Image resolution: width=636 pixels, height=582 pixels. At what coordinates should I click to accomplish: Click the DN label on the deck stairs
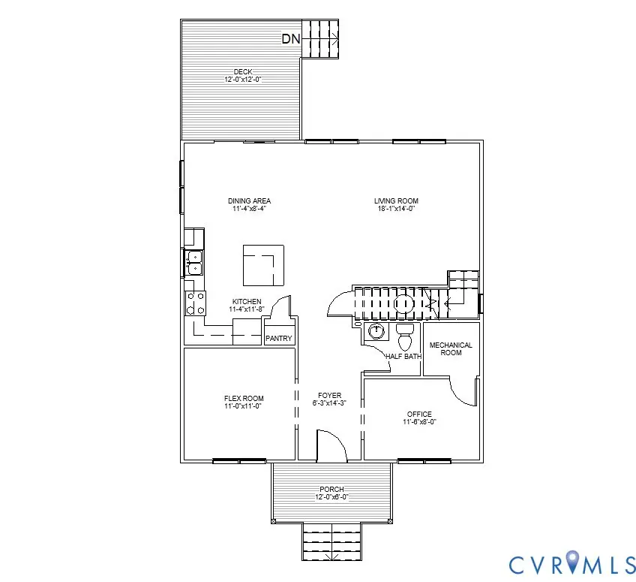[292, 39]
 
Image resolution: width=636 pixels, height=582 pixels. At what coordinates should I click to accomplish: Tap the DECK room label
[242, 72]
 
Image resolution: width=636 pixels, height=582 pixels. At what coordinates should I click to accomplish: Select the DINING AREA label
[249, 201]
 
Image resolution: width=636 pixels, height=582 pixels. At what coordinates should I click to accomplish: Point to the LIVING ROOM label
[396, 201]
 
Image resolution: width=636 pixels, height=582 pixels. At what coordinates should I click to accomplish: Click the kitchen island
[262, 265]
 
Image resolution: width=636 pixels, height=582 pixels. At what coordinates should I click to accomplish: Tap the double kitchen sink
[194, 262]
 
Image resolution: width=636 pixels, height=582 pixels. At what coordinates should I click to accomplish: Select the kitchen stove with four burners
[196, 303]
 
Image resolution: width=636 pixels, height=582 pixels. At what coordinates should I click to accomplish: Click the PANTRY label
[279, 339]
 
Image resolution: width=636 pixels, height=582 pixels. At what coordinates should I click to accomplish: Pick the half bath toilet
[405, 337]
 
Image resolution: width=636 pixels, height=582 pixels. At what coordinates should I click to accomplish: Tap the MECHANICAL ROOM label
[451, 348]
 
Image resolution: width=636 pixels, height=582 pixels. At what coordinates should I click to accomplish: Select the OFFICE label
[419, 414]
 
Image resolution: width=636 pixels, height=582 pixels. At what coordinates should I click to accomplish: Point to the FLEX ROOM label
[244, 398]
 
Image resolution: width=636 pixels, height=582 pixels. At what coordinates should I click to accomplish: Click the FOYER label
[329, 395]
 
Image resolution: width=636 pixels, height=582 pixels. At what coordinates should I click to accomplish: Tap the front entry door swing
[331, 445]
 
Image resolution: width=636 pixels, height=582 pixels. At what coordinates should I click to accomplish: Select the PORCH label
[331, 489]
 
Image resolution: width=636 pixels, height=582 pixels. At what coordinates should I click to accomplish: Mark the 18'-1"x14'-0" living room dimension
[396, 209]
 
